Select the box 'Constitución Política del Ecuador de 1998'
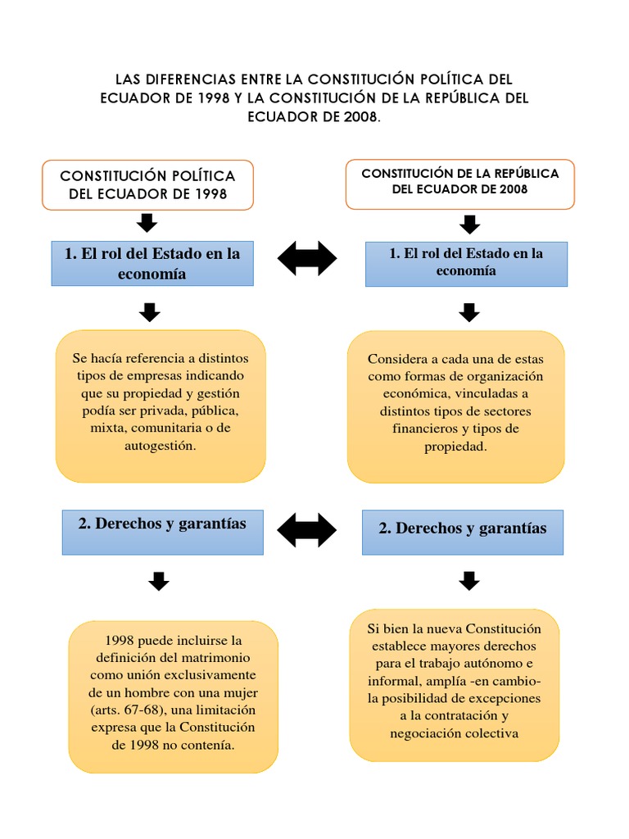click(147, 185)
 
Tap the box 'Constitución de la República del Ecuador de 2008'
click(459, 181)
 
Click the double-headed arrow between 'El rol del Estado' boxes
click(307, 259)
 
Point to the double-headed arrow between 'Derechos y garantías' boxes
click(307, 530)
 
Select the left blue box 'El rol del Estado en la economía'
click(152, 263)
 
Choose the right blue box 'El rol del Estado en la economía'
click(466, 262)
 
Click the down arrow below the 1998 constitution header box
click(147, 222)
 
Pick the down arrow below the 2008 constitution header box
click(469, 224)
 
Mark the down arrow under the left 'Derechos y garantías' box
click(159, 581)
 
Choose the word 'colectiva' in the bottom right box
click(494, 732)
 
